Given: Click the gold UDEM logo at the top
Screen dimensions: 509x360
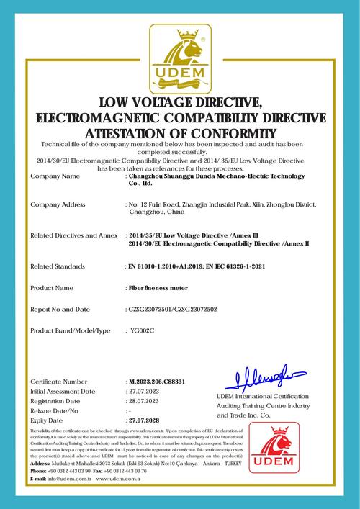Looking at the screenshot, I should tap(179, 56).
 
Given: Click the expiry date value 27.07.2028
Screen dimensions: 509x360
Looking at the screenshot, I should tap(143, 419).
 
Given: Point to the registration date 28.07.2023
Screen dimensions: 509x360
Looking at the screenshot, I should tap(143, 400).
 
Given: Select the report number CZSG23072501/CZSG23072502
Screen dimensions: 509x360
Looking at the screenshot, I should tap(171, 309).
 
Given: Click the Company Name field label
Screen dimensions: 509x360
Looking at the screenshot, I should tap(55, 175).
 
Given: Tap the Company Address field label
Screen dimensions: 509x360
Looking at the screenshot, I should tap(59, 205).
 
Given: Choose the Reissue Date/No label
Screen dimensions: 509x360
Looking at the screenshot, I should tap(56, 409).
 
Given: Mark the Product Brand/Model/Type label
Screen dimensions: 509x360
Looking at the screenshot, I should tap(71, 330).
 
